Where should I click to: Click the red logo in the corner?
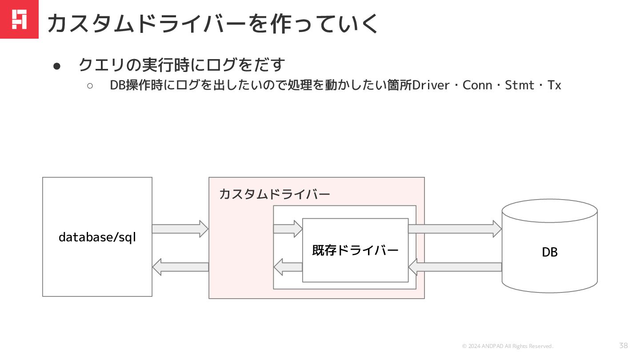pyautogui.click(x=19, y=19)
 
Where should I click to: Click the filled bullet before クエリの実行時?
pyautogui.click(x=56, y=66)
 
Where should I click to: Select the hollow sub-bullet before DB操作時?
pyautogui.click(x=90, y=86)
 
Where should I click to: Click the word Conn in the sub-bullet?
pyautogui.click(x=477, y=85)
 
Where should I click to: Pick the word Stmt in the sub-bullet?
pyautogui.click(x=520, y=85)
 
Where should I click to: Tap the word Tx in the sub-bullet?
pyautogui.click(x=554, y=85)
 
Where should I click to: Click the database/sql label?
pyautogui.click(x=97, y=237)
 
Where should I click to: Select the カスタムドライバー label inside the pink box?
pyautogui.click(x=274, y=194)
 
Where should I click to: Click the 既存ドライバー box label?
pyautogui.click(x=355, y=250)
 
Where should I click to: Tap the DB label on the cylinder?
pyautogui.click(x=549, y=252)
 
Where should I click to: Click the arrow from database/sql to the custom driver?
pyautogui.click(x=180, y=229)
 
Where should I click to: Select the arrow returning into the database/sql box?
pyautogui.click(x=180, y=267)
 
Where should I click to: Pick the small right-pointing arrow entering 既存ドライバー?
pyautogui.click(x=288, y=229)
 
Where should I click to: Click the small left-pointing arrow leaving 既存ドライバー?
pyautogui.click(x=288, y=267)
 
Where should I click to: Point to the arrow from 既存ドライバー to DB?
pyautogui.click(x=455, y=229)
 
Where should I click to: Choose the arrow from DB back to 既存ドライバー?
pyautogui.click(x=455, y=267)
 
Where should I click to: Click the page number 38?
pyautogui.click(x=624, y=345)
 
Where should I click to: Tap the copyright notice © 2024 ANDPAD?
pyautogui.click(x=508, y=346)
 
